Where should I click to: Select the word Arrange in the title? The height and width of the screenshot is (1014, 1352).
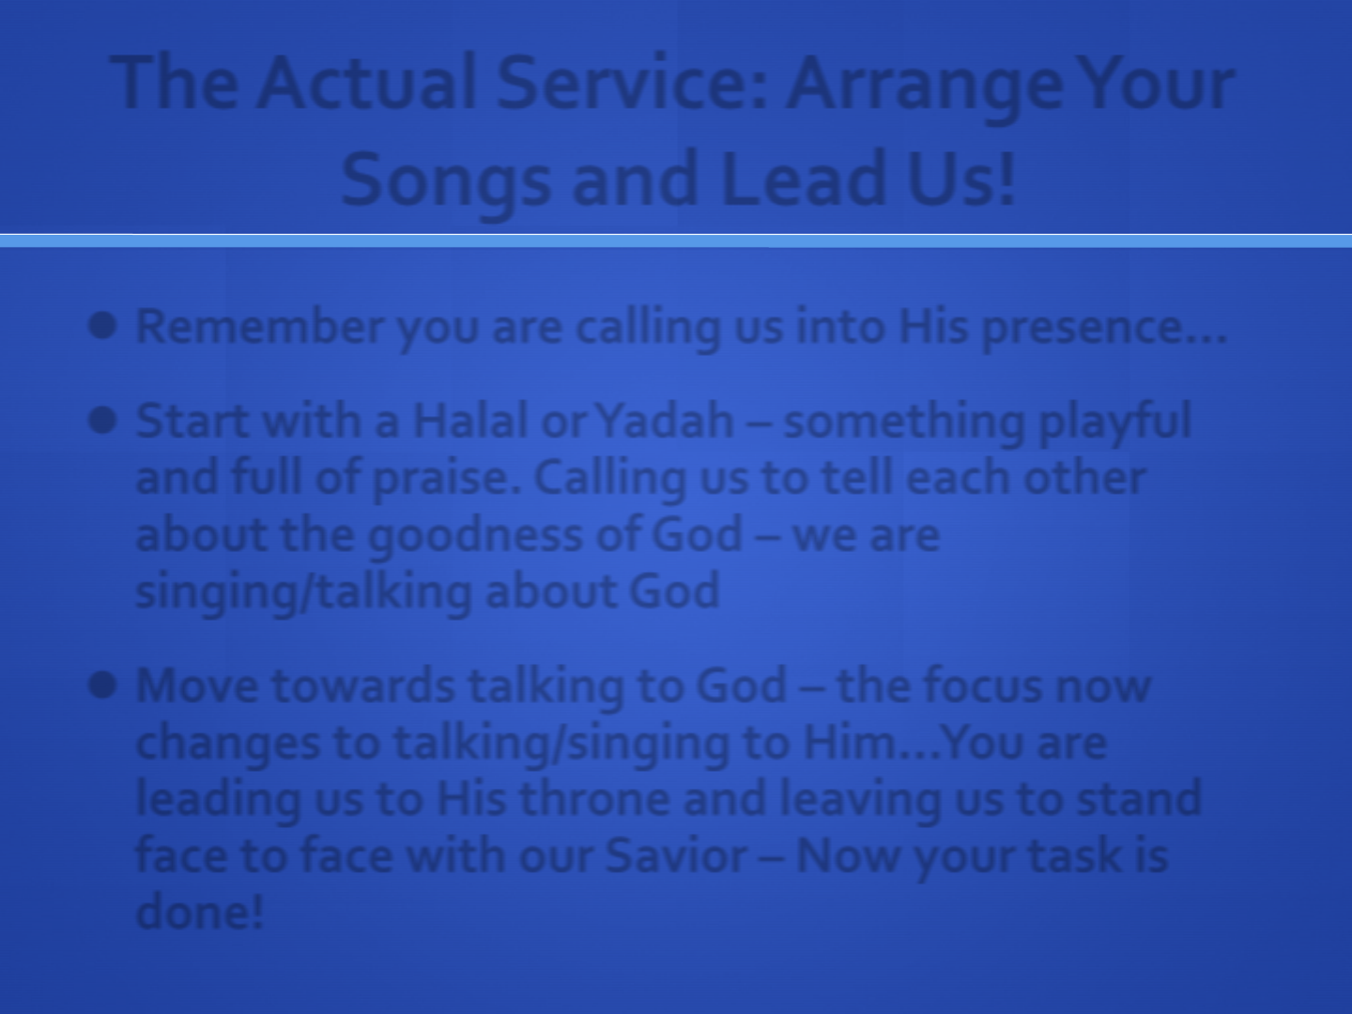pyautogui.click(x=925, y=90)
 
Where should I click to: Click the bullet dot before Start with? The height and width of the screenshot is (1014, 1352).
pyautogui.click(x=102, y=422)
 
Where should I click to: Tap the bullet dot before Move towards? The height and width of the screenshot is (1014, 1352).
pyautogui.click(x=102, y=684)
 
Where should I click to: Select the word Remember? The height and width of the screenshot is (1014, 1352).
pyautogui.click(x=260, y=326)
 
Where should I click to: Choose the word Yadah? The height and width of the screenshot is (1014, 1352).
pyautogui.click(x=667, y=421)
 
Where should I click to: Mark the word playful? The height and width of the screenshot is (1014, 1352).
pyautogui.click(x=1114, y=424)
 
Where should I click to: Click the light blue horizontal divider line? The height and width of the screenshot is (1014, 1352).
pyautogui.click(x=676, y=240)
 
